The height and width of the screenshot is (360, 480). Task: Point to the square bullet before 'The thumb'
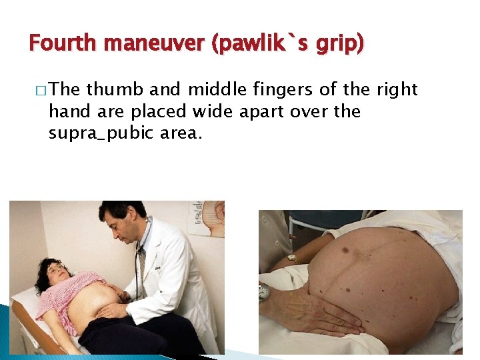point(41,90)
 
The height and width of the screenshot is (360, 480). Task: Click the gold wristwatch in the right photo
point(292,257)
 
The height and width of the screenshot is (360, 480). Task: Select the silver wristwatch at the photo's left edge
point(264,292)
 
